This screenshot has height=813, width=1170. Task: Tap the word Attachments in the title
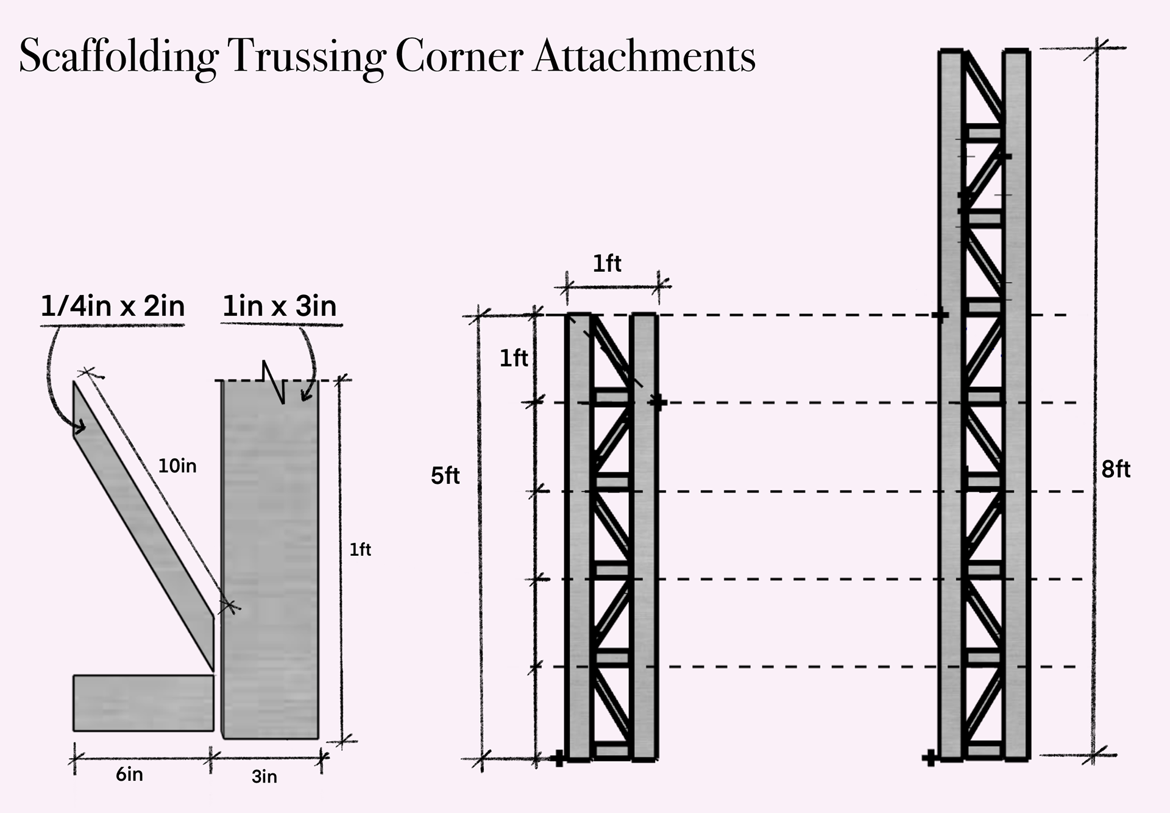644,57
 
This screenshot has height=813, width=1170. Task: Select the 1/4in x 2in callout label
113,306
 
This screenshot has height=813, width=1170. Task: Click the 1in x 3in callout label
280,306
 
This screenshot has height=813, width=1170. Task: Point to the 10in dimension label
177,466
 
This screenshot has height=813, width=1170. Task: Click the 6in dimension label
130,775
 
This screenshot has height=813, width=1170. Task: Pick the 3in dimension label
264,776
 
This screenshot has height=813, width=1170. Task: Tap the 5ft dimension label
445,476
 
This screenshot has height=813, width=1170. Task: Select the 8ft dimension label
1116,469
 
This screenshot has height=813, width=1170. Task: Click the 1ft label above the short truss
607,264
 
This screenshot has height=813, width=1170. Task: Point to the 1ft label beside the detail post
360,550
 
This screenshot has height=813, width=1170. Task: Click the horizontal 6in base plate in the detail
144,703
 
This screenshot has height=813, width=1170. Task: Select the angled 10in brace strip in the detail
144,527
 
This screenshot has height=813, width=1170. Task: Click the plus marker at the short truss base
558,759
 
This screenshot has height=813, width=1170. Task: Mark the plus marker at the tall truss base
929,759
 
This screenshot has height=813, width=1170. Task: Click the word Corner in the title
459,57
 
